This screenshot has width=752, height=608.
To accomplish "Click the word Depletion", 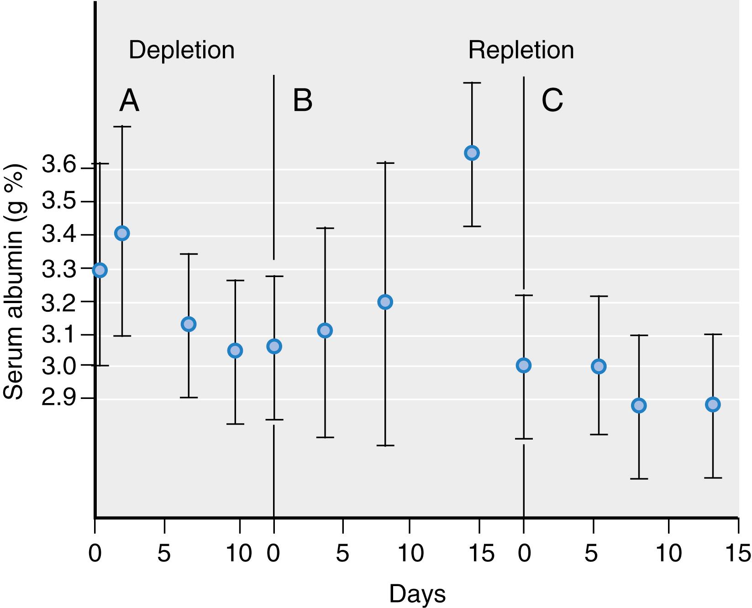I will [x=181, y=50].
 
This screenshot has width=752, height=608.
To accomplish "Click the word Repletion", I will [x=521, y=50].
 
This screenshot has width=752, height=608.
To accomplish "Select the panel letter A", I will [x=129, y=101].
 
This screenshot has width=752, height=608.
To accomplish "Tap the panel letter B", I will [x=302, y=101].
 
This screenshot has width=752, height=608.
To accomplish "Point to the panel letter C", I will [x=552, y=101].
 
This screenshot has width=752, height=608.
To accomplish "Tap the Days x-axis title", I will [x=417, y=594].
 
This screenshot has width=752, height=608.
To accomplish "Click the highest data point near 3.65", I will [x=472, y=153].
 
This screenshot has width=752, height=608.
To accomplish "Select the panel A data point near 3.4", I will [x=122, y=233].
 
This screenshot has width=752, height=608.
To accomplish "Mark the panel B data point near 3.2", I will [x=385, y=302].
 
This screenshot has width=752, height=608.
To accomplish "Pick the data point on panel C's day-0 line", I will [x=524, y=365].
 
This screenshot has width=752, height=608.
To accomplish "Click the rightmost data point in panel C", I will [x=713, y=404].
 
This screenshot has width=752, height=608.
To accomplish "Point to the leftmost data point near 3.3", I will [x=100, y=270].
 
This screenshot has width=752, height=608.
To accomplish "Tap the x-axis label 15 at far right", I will [x=737, y=554].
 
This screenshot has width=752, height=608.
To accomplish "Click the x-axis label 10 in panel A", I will [x=239, y=554].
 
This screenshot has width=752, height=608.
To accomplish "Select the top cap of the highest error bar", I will [x=472, y=83].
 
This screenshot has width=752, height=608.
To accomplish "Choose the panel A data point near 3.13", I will [x=189, y=324].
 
